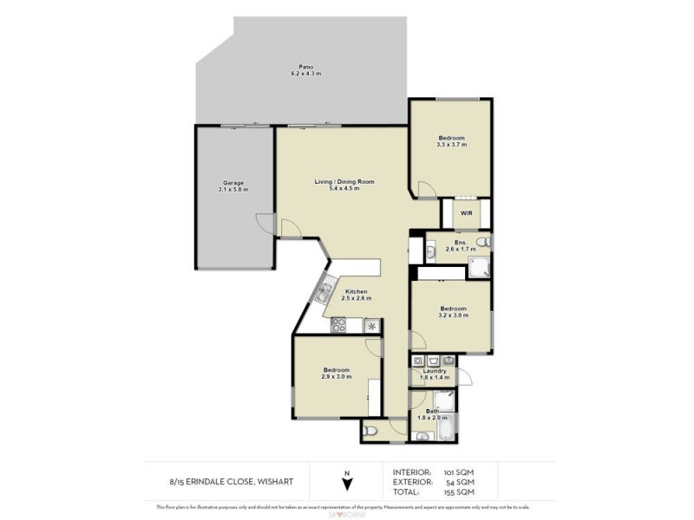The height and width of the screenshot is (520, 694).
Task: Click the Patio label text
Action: pyautogui.click(x=305, y=67)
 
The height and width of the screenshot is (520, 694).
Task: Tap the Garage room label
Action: pyautogui.click(x=232, y=183)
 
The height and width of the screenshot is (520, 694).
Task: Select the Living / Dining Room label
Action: pyautogui.click(x=344, y=181)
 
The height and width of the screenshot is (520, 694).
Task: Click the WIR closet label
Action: pyautogui.click(x=466, y=212)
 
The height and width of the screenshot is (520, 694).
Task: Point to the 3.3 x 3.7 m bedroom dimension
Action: pyautogui.click(x=451, y=146)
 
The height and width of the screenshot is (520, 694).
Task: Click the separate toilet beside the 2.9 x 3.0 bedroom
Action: pyautogui.click(x=371, y=430)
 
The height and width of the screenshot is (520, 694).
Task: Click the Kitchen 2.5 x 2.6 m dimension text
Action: pyautogui.click(x=356, y=299)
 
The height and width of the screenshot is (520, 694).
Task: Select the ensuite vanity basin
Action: pyautogui.click(x=432, y=251)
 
